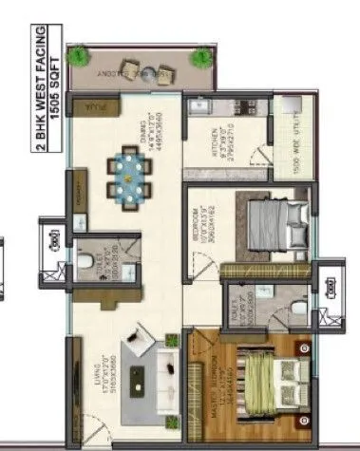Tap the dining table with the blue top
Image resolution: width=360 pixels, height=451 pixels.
coord(127,176)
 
